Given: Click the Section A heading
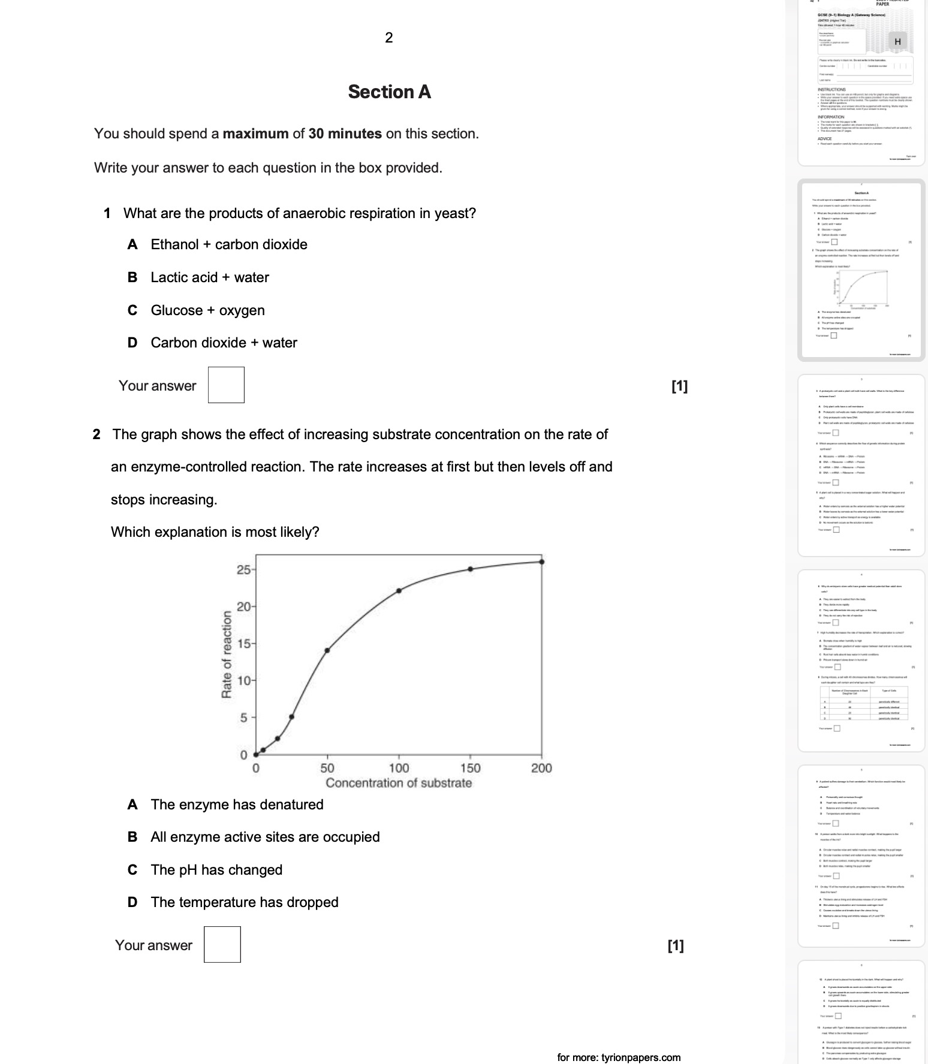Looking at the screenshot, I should (389, 92).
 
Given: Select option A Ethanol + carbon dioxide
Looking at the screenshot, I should (228, 244).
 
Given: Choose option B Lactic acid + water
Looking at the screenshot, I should (209, 277).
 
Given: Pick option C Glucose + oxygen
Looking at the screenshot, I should (207, 310).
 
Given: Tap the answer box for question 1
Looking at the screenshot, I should (226, 385).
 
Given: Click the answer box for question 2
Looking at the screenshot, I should (222, 945).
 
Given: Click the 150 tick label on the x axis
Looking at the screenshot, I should (470, 768).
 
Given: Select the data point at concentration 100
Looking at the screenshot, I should (399, 591).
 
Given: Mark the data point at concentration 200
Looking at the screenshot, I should (542, 562).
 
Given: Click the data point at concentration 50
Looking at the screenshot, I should (327, 650).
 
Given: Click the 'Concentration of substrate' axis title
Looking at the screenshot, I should (399, 783).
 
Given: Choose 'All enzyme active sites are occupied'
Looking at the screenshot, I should (265, 837).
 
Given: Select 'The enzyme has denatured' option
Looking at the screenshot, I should (237, 805).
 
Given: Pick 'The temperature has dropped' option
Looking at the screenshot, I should (245, 902).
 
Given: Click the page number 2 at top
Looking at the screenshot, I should (389, 38).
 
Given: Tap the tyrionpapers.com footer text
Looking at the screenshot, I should (619, 1057).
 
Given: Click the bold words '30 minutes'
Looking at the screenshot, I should (345, 134).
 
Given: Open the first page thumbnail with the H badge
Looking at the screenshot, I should (861, 81).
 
